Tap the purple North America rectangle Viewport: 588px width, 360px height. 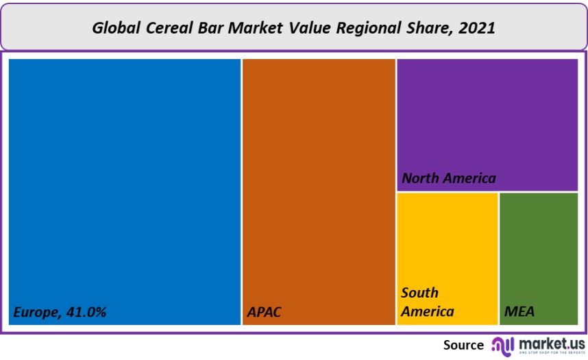click(487, 117)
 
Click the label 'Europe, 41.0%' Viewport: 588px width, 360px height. click(60, 312)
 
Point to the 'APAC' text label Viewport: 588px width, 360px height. click(264, 312)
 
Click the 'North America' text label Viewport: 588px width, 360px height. click(448, 178)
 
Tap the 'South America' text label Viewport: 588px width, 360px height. click(427, 302)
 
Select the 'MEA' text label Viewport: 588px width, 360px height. click(519, 312)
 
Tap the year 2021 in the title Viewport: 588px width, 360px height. click(478, 28)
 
